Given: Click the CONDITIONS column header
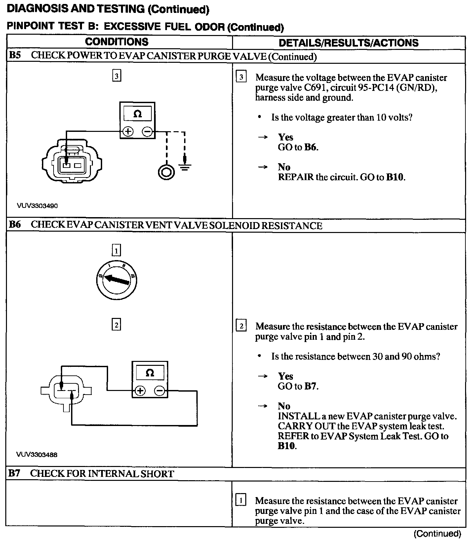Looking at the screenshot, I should point(117,42).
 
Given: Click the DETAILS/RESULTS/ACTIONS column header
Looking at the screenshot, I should point(348,43).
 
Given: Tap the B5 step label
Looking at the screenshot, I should point(15,56).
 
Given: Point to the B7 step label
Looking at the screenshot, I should point(14,473).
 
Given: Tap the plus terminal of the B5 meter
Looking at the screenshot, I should point(128,132).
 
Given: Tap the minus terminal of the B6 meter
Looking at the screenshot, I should point(159,391).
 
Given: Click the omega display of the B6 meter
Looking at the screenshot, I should point(150,373).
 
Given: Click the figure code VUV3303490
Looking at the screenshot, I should point(37,206).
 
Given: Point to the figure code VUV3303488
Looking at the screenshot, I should point(37,454).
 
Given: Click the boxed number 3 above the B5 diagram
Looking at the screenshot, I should point(116,76).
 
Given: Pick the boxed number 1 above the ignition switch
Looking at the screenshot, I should point(116,251).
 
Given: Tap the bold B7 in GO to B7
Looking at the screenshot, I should point(311,386).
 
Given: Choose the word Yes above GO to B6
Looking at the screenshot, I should point(286,137).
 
